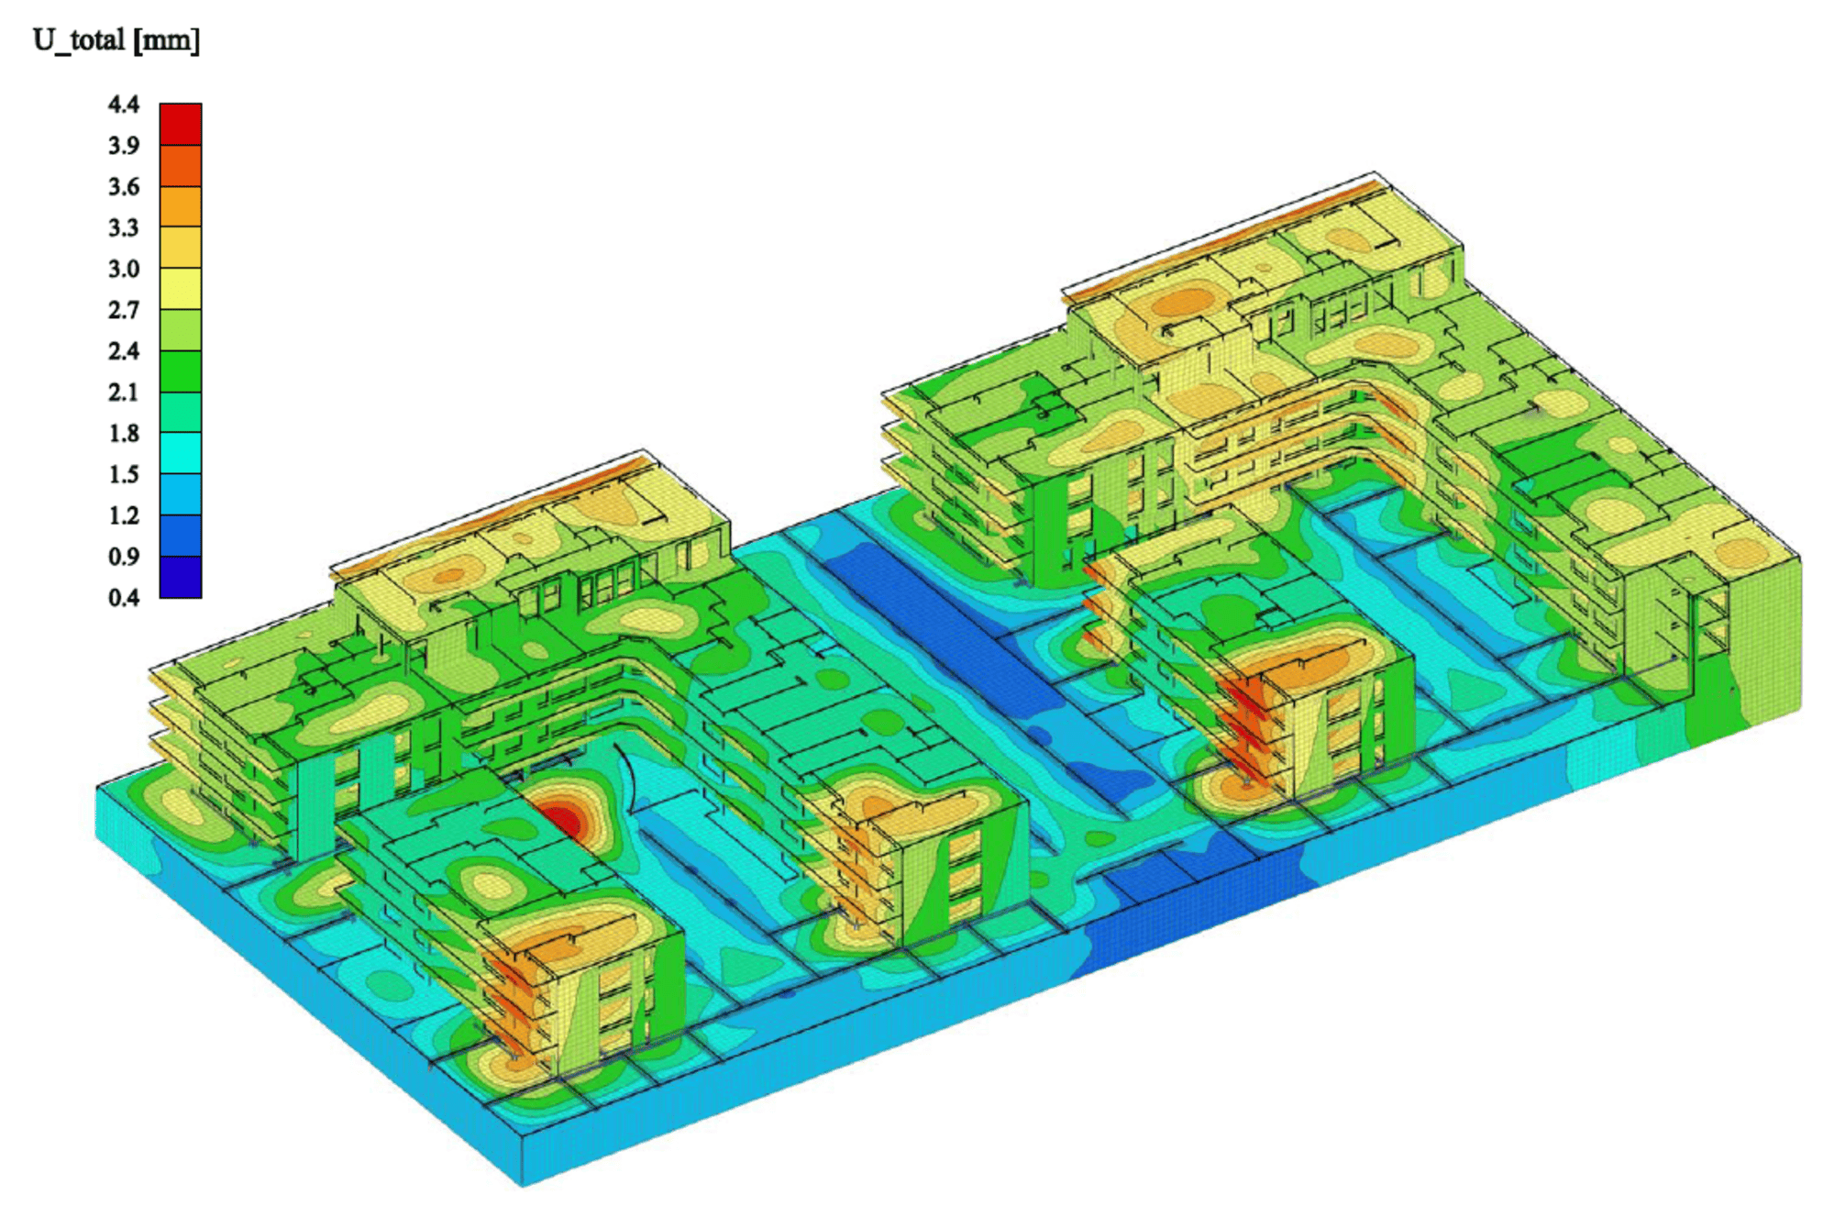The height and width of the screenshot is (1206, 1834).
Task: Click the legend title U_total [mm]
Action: pyautogui.click(x=116, y=41)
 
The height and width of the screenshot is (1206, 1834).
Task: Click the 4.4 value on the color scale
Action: pyautogui.click(x=124, y=105)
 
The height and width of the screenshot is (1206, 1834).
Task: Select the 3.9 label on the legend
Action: pyautogui.click(x=124, y=146)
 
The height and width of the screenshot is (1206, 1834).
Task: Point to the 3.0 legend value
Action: pyautogui.click(x=124, y=270)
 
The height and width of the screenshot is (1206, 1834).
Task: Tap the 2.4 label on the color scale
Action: pyautogui.click(x=124, y=351)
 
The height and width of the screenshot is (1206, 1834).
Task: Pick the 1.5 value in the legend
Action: pyautogui.click(x=124, y=475)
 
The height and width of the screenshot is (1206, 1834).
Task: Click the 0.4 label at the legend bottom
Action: pyautogui.click(x=124, y=598)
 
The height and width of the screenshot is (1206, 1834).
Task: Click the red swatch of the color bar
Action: pyautogui.click(x=181, y=125)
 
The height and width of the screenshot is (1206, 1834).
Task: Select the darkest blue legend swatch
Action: pyautogui.click(x=181, y=578)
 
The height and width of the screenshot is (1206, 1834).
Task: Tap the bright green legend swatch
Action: pyautogui.click(x=181, y=371)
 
